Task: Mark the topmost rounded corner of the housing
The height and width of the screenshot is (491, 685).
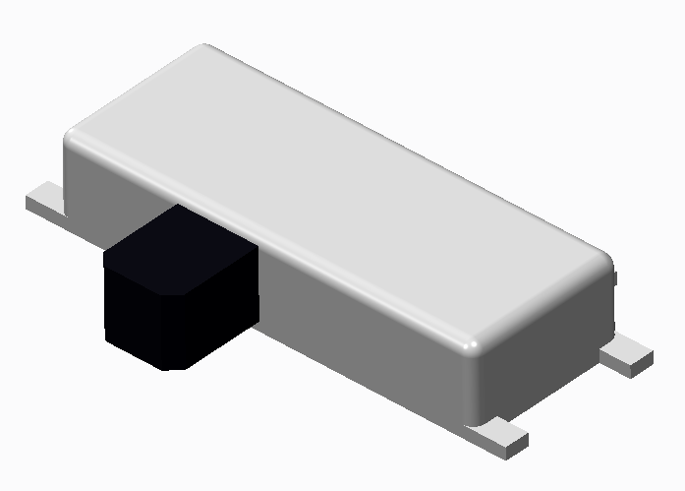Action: (204, 49)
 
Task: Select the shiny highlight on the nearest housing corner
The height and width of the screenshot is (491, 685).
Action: (472, 345)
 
